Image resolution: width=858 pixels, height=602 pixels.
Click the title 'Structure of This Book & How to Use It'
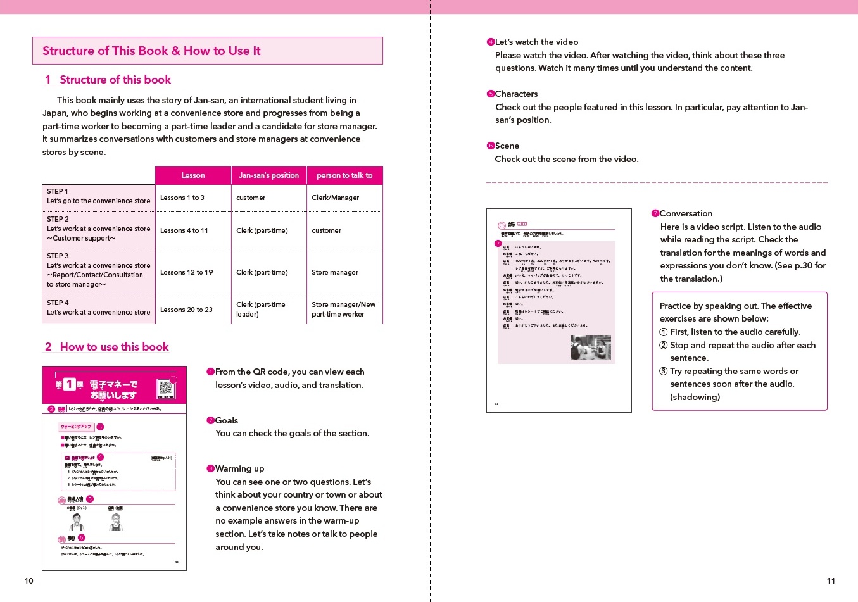pyautogui.click(x=151, y=51)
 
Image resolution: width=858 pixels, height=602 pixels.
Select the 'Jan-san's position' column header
pyautogui.click(x=268, y=175)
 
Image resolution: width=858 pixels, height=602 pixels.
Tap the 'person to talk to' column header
pyautogui.click(x=344, y=175)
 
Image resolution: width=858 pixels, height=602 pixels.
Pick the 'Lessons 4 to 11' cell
pyautogui.click(x=184, y=230)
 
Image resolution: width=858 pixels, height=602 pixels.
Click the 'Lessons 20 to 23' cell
pyautogui.click(x=186, y=310)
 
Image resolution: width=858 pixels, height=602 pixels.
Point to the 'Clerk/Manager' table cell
pyautogui.click(x=335, y=198)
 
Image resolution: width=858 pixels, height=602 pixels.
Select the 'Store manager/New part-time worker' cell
pyautogui.click(x=343, y=309)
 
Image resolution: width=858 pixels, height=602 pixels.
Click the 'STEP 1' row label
pyautogui.click(x=58, y=191)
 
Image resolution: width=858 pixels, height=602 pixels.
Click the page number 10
pyautogui.click(x=28, y=581)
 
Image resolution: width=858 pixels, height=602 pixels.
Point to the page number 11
pyautogui.click(x=831, y=581)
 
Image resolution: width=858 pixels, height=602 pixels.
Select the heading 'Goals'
pyautogui.click(x=226, y=420)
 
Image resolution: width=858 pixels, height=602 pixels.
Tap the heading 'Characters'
pyautogui.click(x=516, y=94)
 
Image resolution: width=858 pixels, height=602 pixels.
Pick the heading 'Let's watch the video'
pyautogui.click(x=536, y=42)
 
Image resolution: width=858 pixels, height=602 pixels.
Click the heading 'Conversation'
pyautogui.click(x=686, y=213)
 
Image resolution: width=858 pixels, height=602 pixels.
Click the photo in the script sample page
pyautogui.click(x=590, y=348)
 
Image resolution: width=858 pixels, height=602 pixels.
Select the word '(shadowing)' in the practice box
pyautogui.click(x=695, y=397)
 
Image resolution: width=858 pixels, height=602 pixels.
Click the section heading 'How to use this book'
pyautogui.click(x=114, y=347)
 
